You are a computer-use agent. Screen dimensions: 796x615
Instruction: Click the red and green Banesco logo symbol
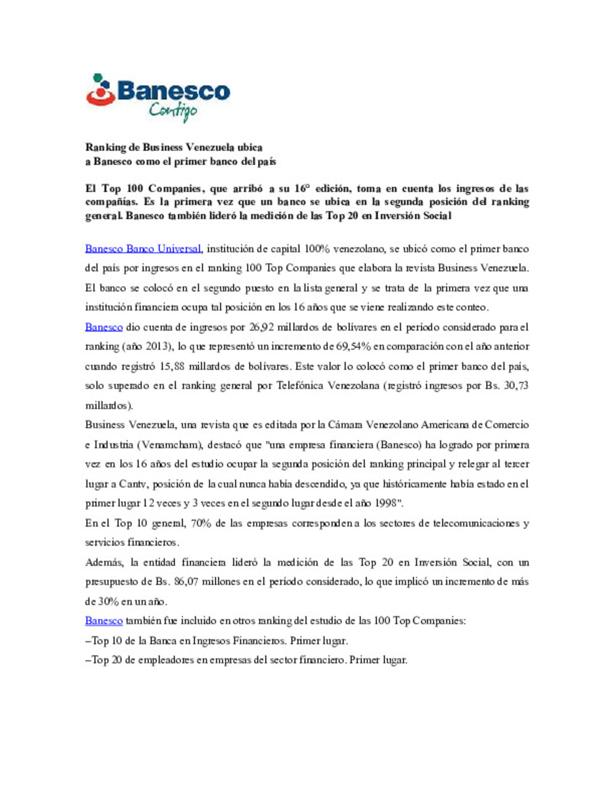pyautogui.click(x=101, y=91)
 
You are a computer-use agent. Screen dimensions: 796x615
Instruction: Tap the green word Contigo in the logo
pyautogui.click(x=173, y=110)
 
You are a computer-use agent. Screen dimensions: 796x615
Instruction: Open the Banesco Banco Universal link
pyautogui.click(x=143, y=249)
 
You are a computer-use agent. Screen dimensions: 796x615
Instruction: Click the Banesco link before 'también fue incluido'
pyautogui.click(x=104, y=621)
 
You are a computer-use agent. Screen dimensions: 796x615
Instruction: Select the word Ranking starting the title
pyautogui.click(x=105, y=147)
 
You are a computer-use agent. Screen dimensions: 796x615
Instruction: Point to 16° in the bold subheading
pyautogui.click(x=301, y=188)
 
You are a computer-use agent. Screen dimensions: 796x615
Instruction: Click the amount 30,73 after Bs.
pyautogui.click(x=516, y=385)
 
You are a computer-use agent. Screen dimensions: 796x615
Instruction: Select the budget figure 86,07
pyautogui.click(x=186, y=582)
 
